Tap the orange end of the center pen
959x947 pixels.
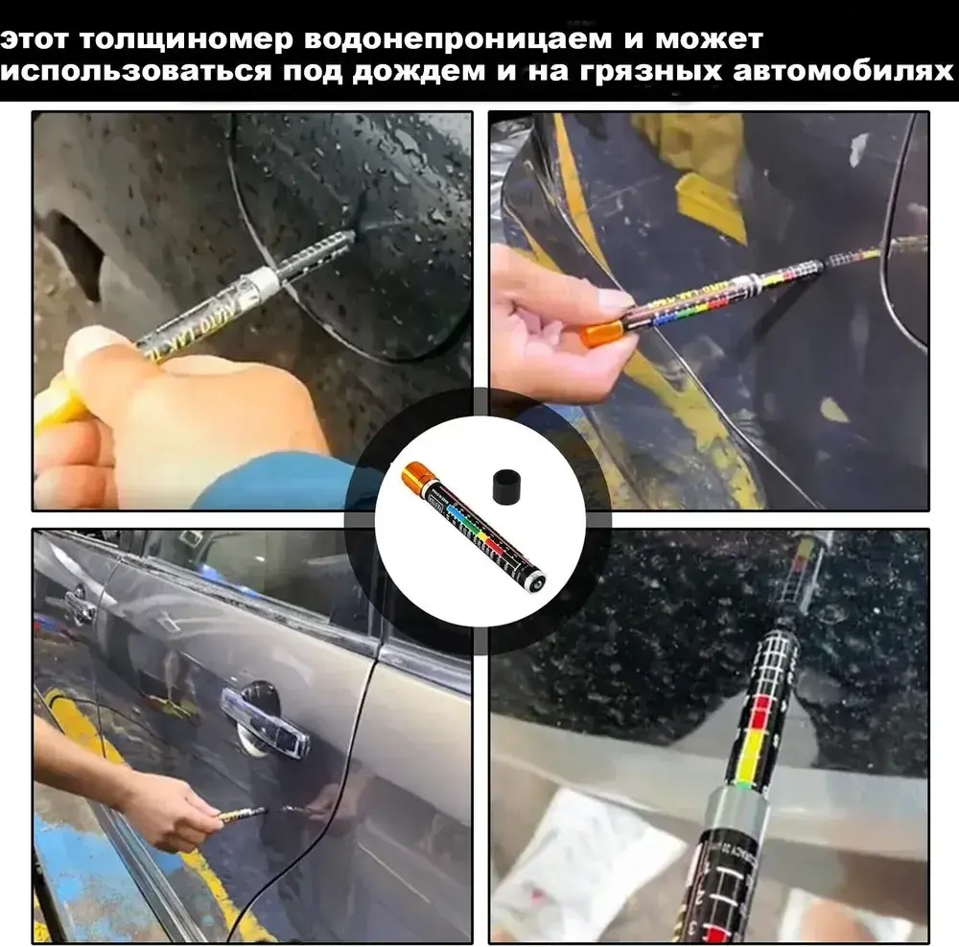[x=418, y=477]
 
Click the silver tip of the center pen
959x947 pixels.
[x=536, y=580]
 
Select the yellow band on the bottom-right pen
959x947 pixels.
[x=755, y=766]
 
